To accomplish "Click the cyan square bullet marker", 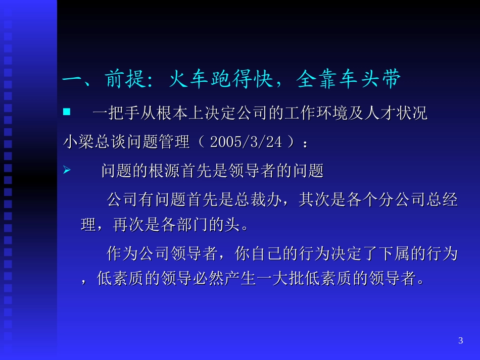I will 66,112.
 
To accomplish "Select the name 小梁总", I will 86,142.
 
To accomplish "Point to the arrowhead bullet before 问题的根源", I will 66,171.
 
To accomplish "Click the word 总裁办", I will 261,200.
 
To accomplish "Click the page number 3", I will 460,340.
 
